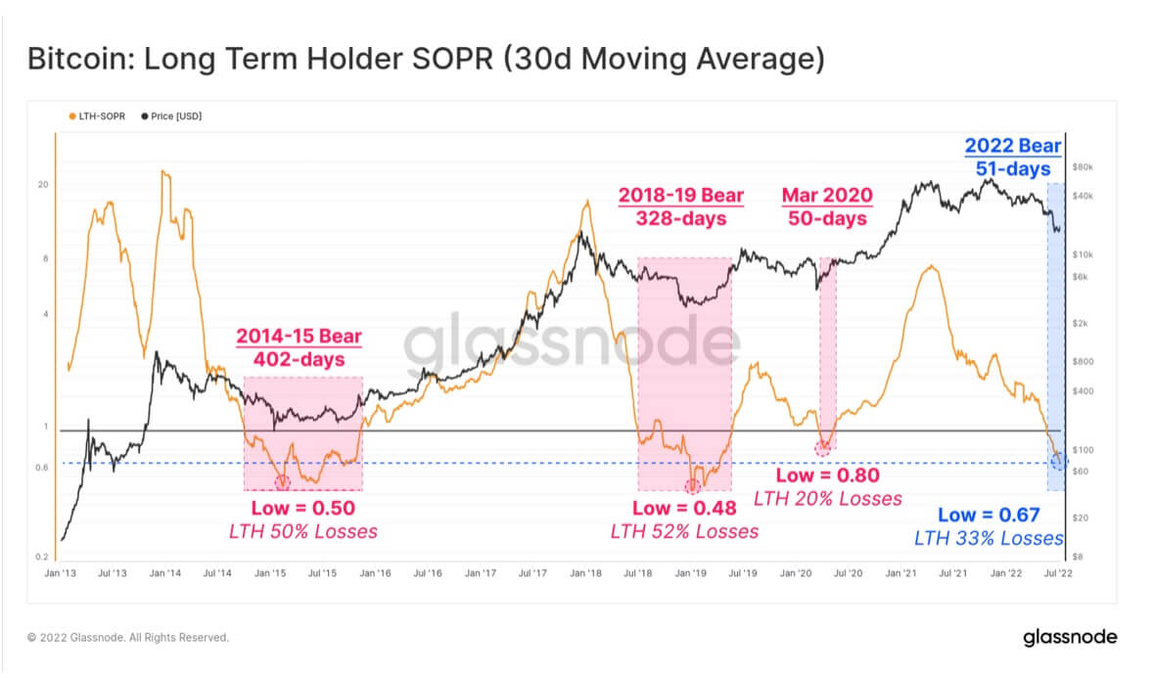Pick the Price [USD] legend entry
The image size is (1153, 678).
pyautogui.click(x=174, y=116)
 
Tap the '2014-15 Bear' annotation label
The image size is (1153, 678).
pyautogui.click(x=299, y=338)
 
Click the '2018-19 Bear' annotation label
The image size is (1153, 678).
pyautogui.click(x=680, y=196)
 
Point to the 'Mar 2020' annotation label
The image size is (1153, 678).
pyautogui.click(x=826, y=196)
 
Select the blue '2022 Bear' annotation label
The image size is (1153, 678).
pyautogui.click(x=1012, y=147)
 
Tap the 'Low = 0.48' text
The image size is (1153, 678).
pyautogui.click(x=682, y=508)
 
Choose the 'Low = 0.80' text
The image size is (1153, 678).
pyautogui.click(x=827, y=475)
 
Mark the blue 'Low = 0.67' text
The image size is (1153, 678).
pyautogui.click(x=989, y=515)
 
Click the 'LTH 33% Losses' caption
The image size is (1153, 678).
pyautogui.click(x=989, y=538)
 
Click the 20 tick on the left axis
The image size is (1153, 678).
pyautogui.click(x=43, y=184)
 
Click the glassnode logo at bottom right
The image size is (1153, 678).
pyautogui.click(x=1070, y=638)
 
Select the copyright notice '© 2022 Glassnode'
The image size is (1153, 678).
pyautogui.click(x=128, y=638)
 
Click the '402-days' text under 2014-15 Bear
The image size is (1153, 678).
pyautogui.click(x=299, y=360)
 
